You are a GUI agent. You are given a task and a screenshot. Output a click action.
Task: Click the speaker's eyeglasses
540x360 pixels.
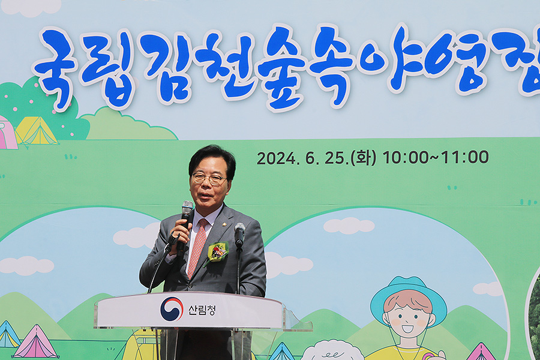click(x=209, y=178)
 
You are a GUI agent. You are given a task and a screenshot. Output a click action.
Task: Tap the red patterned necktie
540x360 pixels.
click(x=198, y=247)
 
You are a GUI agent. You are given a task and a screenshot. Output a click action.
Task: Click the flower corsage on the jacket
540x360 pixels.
click(x=218, y=251)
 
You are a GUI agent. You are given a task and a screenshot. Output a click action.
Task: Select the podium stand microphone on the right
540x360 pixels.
click(x=239, y=234)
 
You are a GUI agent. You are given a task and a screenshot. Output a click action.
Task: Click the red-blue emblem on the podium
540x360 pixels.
click(x=172, y=309)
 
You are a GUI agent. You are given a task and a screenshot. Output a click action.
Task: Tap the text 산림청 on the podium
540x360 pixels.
click(x=202, y=310)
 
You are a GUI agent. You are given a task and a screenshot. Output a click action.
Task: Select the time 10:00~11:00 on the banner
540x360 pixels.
click(x=436, y=157)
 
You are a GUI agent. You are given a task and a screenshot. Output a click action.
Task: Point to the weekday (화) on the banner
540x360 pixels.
click(x=364, y=158)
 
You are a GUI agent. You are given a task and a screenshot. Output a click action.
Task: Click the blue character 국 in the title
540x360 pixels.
click(x=56, y=67)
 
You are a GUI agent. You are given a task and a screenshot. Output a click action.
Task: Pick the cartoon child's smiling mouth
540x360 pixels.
click(x=408, y=328)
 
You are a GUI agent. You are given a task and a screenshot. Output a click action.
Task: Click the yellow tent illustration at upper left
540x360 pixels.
click(x=36, y=131)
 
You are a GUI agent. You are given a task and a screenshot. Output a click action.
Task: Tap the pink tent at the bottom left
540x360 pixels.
click(x=35, y=342)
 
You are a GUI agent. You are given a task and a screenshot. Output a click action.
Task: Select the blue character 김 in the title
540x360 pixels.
click(x=166, y=67)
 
